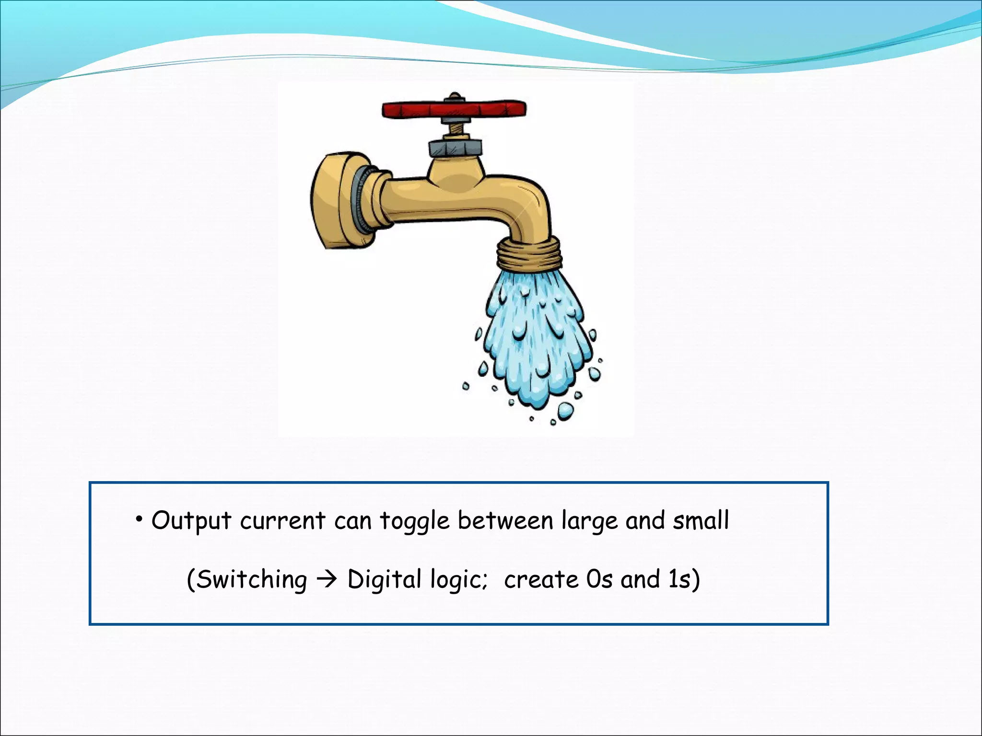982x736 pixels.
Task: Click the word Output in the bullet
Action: pos(191,521)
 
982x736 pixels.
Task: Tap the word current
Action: pos(282,520)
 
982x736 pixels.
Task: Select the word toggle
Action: pos(415,521)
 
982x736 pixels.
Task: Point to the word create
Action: pos(541,580)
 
